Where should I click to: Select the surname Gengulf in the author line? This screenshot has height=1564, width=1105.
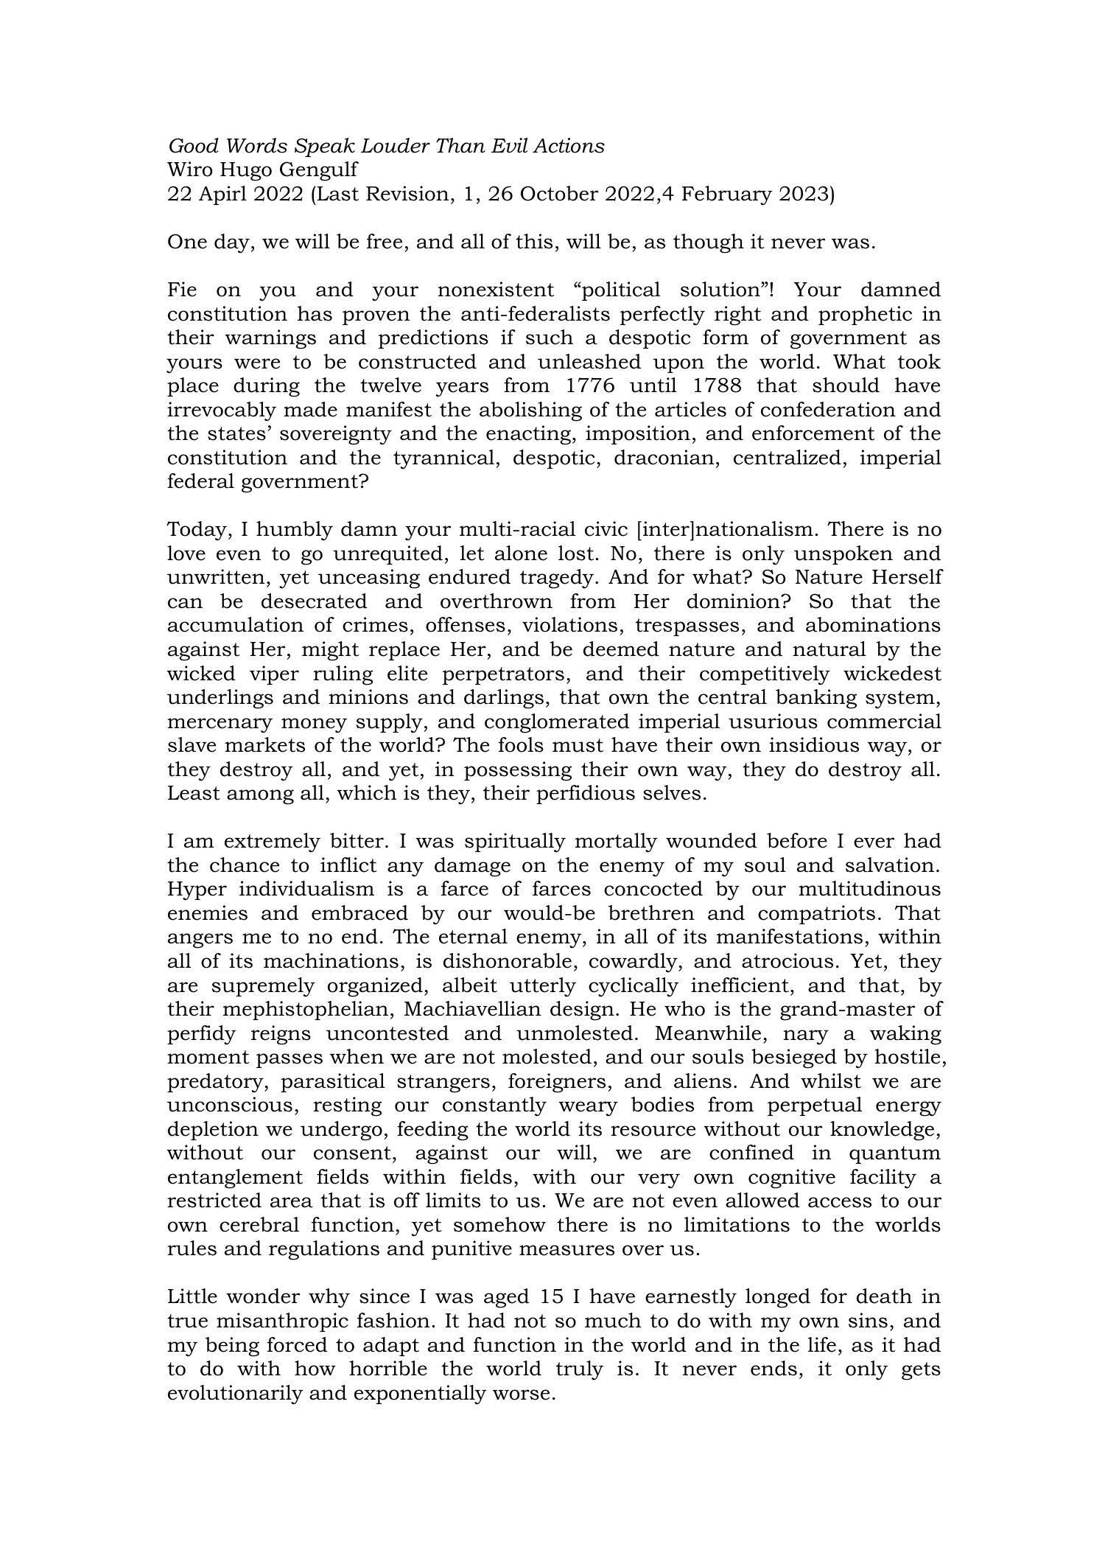[322, 170]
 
